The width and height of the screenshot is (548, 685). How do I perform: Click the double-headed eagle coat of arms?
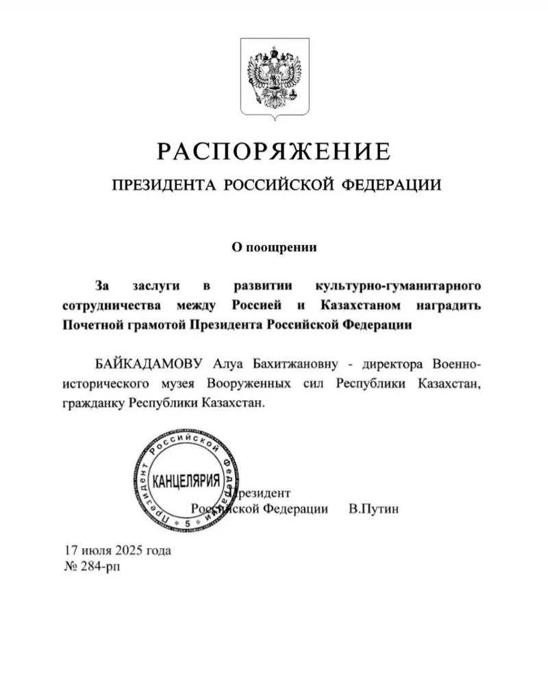click(274, 79)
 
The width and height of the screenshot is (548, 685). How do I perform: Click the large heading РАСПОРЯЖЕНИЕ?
click(274, 149)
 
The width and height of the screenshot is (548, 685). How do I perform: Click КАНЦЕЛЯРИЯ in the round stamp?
click(186, 480)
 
